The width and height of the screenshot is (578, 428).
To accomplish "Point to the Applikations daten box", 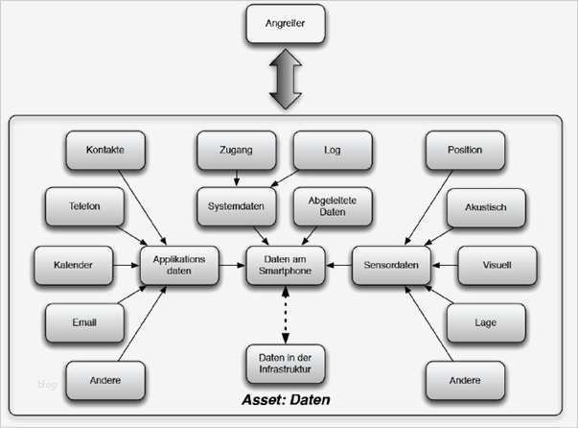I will click(180, 265).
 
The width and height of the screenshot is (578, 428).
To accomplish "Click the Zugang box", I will click(236, 150).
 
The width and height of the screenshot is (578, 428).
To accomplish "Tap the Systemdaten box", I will click(236, 205).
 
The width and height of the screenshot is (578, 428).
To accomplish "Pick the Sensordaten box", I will click(391, 265).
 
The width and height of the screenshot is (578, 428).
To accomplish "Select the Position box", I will click(464, 150).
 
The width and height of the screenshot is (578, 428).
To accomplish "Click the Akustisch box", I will click(485, 205).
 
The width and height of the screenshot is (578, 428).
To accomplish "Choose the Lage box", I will click(485, 322).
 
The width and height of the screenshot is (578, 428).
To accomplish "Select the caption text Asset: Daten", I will click(285, 397).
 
